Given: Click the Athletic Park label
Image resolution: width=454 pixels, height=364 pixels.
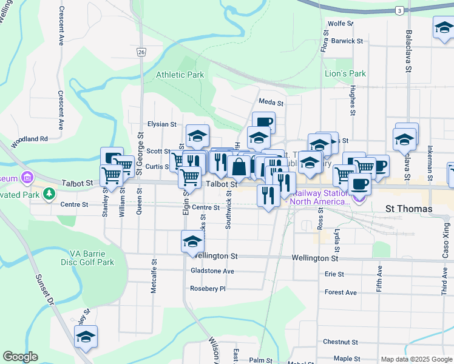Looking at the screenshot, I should click(180, 75).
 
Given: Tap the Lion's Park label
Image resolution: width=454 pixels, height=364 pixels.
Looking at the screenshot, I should click(345, 73).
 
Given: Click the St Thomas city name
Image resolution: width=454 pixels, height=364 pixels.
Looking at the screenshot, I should click(410, 209).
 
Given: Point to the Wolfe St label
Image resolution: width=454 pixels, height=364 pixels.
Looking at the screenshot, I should click(340, 24).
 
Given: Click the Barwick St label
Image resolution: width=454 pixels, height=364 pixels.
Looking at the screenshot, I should click(347, 41).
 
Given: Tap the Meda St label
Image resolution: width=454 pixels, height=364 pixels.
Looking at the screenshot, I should click(268, 101).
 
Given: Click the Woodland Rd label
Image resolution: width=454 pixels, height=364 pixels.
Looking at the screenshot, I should click(29, 139).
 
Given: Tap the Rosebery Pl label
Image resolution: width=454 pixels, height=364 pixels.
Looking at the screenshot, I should click(208, 289).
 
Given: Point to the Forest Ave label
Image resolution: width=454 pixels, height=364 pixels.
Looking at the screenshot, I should click(340, 292).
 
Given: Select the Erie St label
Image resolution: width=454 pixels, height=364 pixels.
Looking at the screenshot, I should click(334, 274).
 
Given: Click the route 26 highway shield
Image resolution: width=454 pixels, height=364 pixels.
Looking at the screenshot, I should click(140, 52).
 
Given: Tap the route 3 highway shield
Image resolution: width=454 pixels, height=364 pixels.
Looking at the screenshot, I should click(399, 11).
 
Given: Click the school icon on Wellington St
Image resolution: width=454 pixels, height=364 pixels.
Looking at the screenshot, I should click(192, 242).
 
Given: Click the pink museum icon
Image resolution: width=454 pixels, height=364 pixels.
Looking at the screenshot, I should click(27, 178).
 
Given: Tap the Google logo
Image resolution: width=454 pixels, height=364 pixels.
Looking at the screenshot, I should click(20, 356).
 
